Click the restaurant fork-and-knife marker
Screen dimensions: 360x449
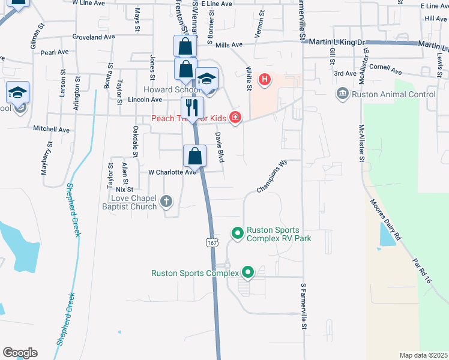pyautogui.click(x=192, y=108)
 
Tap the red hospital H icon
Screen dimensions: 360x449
pyautogui.click(x=264, y=79)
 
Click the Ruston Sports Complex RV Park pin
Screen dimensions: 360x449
pyautogui.click(x=237, y=232)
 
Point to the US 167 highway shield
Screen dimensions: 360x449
pyautogui.click(x=211, y=242)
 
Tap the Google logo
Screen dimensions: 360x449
pyautogui.click(x=20, y=353)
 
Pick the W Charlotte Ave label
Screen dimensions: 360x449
pyautogui.click(x=173, y=172)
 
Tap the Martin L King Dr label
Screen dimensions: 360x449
pyautogui.click(x=336, y=43)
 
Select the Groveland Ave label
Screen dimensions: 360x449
pyautogui.click(x=93, y=37)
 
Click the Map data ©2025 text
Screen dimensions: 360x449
pyautogui.click(x=423, y=355)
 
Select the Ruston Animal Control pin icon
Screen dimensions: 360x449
pyautogui.click(x=343, y=94)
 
